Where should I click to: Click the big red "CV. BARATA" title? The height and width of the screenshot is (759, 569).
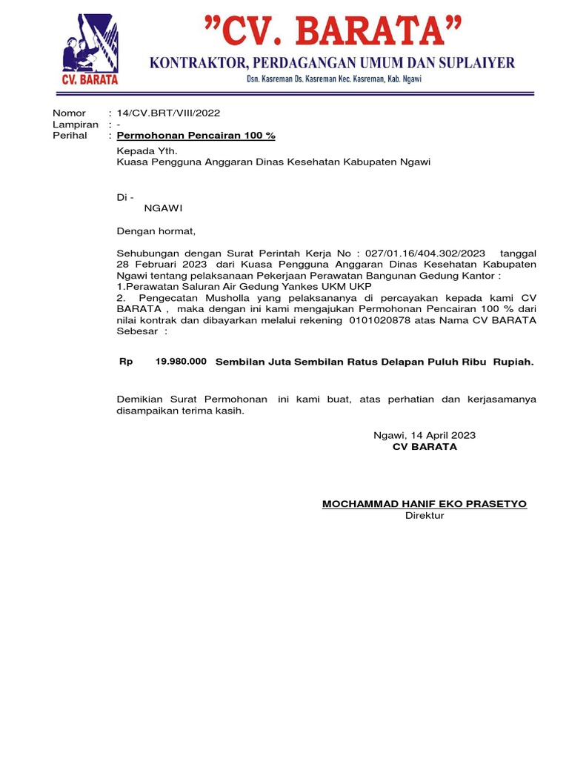(x=333, y=34)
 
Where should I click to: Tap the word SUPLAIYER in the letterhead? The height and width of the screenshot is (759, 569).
(x=476, y=64)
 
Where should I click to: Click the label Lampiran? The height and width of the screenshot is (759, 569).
(x=75, y=125)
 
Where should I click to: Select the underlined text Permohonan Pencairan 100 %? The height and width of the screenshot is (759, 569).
(x=196, y=136)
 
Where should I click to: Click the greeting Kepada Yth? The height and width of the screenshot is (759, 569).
(x=143, y=150)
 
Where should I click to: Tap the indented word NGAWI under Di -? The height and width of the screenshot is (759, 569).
(x=163, y=208)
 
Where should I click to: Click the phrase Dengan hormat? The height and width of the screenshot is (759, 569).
(x=156, y=231)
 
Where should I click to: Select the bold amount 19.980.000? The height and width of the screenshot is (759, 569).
(x=181, y=362)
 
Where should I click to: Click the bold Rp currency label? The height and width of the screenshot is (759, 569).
(x=126, y=362)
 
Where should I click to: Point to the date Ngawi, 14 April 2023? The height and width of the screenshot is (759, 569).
(x=425, y=435)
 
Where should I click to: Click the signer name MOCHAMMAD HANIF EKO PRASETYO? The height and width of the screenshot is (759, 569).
(x=425, y=504)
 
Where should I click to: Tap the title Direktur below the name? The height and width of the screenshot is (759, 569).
(x=425, y=515)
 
